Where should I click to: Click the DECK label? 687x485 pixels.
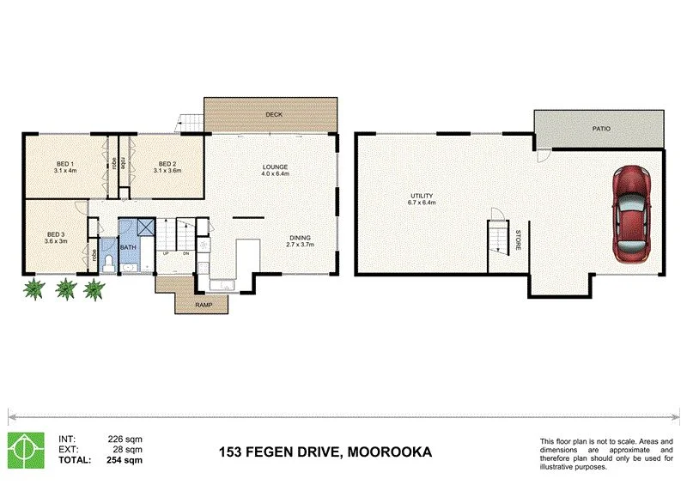pos(274,114)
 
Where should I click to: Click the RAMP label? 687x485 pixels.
pos(204,305)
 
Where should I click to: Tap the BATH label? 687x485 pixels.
pos(128,248)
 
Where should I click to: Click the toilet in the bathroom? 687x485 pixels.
pos(107,263)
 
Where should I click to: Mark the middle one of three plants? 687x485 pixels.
pos(64,289)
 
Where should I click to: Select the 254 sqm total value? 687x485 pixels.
pos(124,459)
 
